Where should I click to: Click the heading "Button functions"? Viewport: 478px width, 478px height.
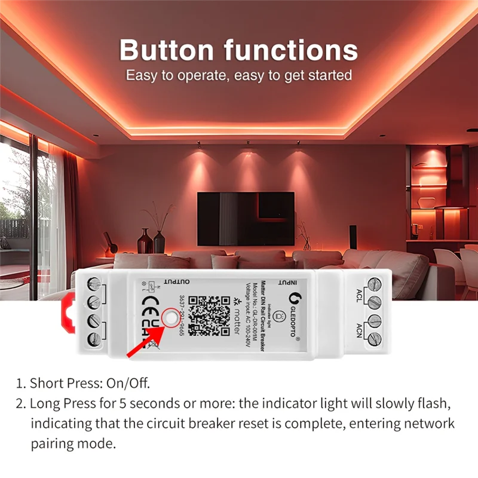coord(238,50)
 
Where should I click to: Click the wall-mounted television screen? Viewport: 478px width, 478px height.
coord(246,218)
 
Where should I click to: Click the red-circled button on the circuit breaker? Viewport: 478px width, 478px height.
coord(172,317)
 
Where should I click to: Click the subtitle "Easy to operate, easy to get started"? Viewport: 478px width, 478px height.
coord(238,76)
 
